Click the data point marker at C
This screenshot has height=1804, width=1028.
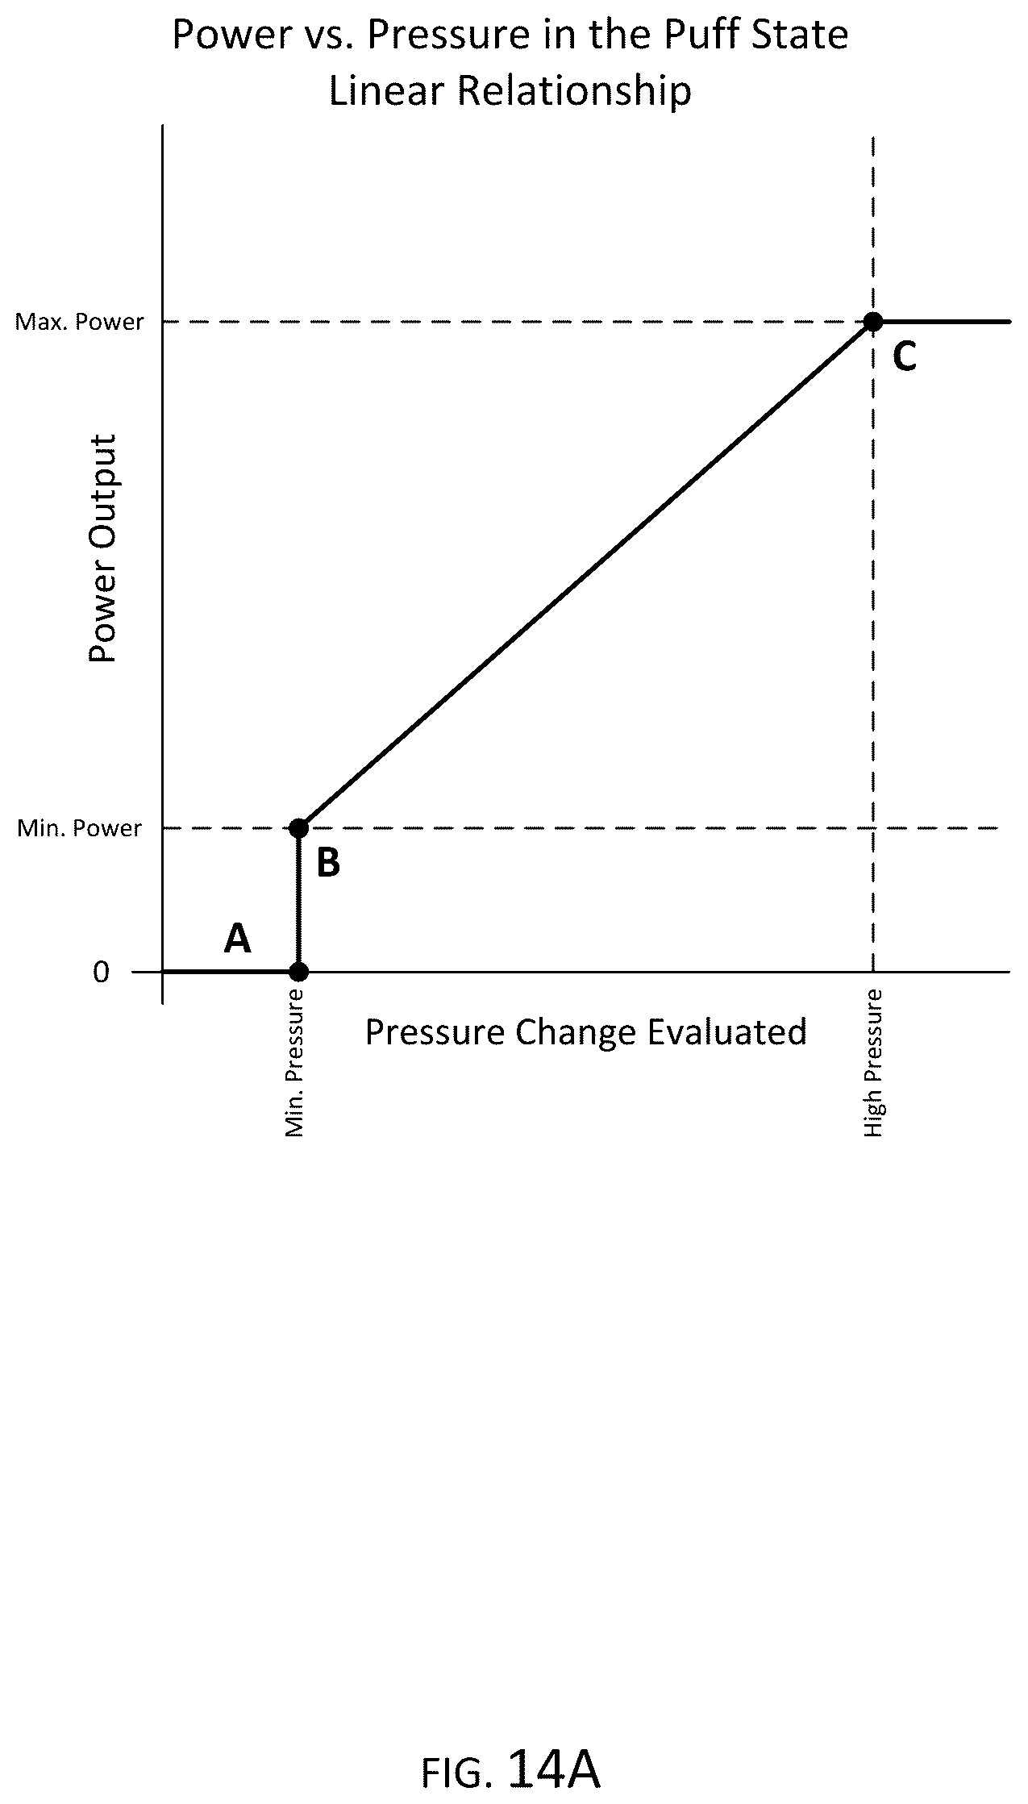(872, 322)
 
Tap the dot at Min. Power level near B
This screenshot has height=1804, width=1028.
(298, 828)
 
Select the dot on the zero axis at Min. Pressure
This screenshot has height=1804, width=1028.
(298, 972)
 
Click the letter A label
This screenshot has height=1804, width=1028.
(237, 938)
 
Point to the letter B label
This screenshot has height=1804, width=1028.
(328, 863)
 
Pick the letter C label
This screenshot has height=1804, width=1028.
(905, 356)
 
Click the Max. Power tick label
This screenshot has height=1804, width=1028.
(80, 323)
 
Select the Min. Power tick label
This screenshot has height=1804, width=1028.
(80, 829)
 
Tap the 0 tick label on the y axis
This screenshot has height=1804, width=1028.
(101, 972)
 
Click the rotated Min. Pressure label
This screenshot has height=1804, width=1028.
(295, 1064)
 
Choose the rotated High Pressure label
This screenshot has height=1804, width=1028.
(874, 1064)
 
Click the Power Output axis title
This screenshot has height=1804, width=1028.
(103, 548)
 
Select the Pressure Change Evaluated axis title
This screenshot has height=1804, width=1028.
(586, 1032)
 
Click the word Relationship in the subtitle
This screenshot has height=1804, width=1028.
(576, 91)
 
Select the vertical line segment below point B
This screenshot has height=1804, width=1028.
(298, 900)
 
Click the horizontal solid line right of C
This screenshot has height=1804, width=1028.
(942, 322)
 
